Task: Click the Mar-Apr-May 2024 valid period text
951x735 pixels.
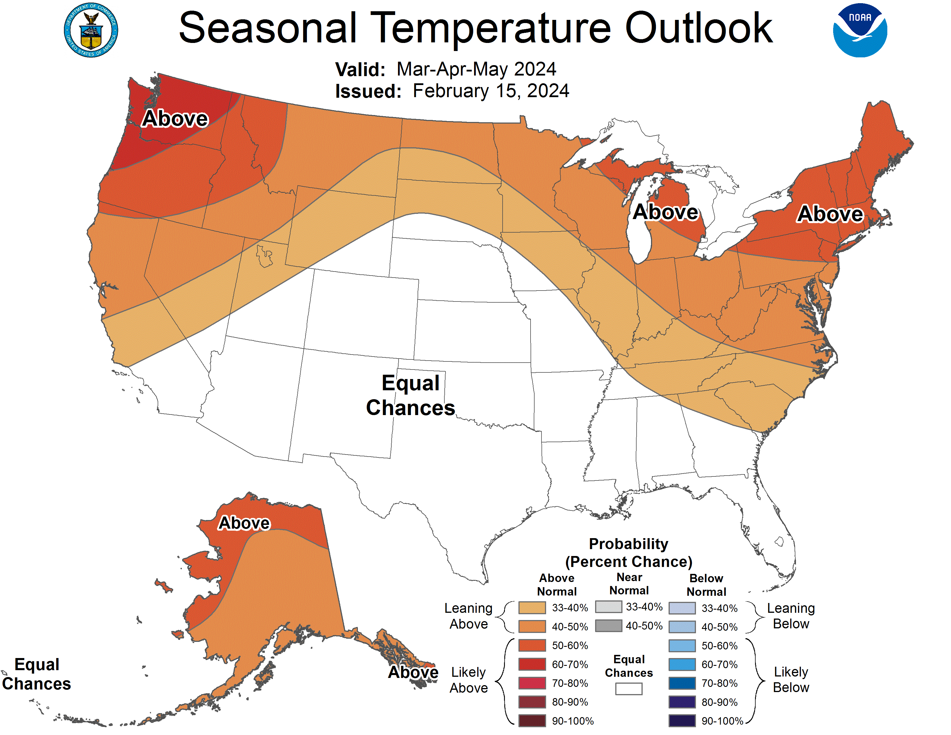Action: pyautogui.click(x=476, y=69)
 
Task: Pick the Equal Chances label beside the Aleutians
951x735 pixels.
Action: pyautogui.click(x=37, y=674)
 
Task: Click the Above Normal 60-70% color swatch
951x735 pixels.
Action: pyautogui.click(x=532, y=664)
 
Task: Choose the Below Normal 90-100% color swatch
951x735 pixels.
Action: pyautogui.click(x=682, y=721)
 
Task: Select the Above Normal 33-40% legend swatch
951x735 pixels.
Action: pyautogui.click(x=532, y=607)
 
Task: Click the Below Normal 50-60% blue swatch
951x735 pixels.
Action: pyautogui.click(x=682, y=645)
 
